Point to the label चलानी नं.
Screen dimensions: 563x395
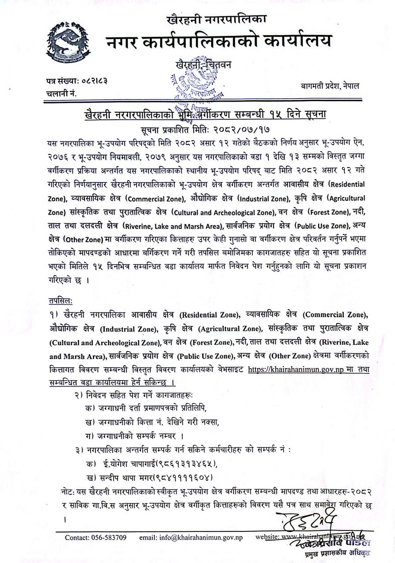pyautogui.click(x=62, y=93)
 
